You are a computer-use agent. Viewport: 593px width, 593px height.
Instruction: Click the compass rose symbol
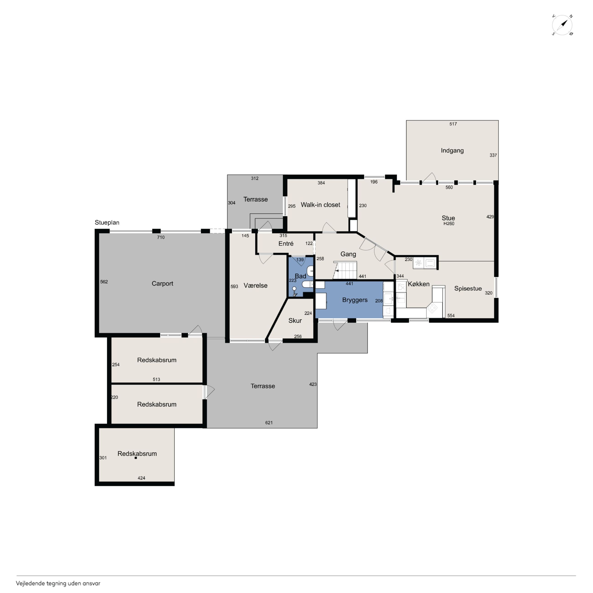(562, 25)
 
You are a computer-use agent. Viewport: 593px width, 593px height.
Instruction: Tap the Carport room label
(162, 283)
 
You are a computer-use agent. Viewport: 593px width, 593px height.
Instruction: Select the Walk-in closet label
(320, 205)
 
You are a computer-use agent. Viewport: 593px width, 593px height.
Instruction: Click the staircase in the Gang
(345, 270)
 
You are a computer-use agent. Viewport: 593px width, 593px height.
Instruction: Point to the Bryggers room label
(355, 300)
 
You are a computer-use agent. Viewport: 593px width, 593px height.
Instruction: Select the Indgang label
(452, 150)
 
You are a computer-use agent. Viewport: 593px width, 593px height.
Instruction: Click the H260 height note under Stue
(449, 224)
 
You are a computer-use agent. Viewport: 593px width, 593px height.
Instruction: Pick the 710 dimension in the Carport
(161, 237)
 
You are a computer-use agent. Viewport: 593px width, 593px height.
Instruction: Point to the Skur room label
(295, 320)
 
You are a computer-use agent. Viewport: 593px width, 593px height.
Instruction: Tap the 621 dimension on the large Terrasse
(269, 423)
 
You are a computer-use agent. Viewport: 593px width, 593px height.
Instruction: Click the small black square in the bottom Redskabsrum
(136, 458)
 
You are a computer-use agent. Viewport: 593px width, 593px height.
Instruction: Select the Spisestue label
(468, 289)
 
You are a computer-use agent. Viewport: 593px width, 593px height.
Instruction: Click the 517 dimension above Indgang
(453, 124)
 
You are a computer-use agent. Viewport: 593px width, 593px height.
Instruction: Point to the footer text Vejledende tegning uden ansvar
(58, 583)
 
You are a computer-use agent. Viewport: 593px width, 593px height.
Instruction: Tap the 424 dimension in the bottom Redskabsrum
(141, 478)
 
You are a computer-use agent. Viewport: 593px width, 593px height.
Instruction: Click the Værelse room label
(255, 286)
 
